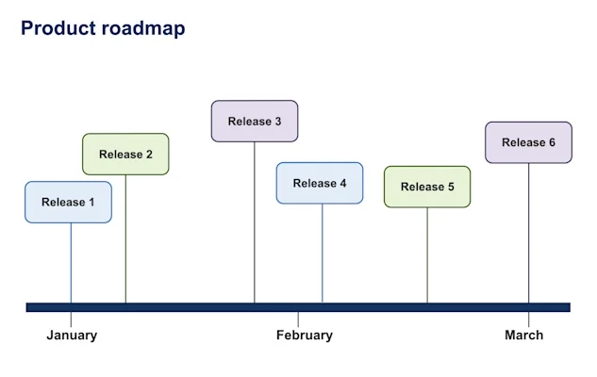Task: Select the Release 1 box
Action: click(68, 202)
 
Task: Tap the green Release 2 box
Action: click(125, 155)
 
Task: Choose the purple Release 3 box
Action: click(255, 122)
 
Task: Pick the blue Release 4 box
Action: click(320, 183)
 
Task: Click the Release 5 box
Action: click(427, 187)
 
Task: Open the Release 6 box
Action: click(528, 142)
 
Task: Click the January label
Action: click(72, 335)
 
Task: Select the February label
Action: click(304, 335)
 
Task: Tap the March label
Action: click(523, 335)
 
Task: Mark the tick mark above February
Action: click(298, 319)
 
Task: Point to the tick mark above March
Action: click(528, 319)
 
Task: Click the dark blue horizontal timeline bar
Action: click(189, 307)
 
